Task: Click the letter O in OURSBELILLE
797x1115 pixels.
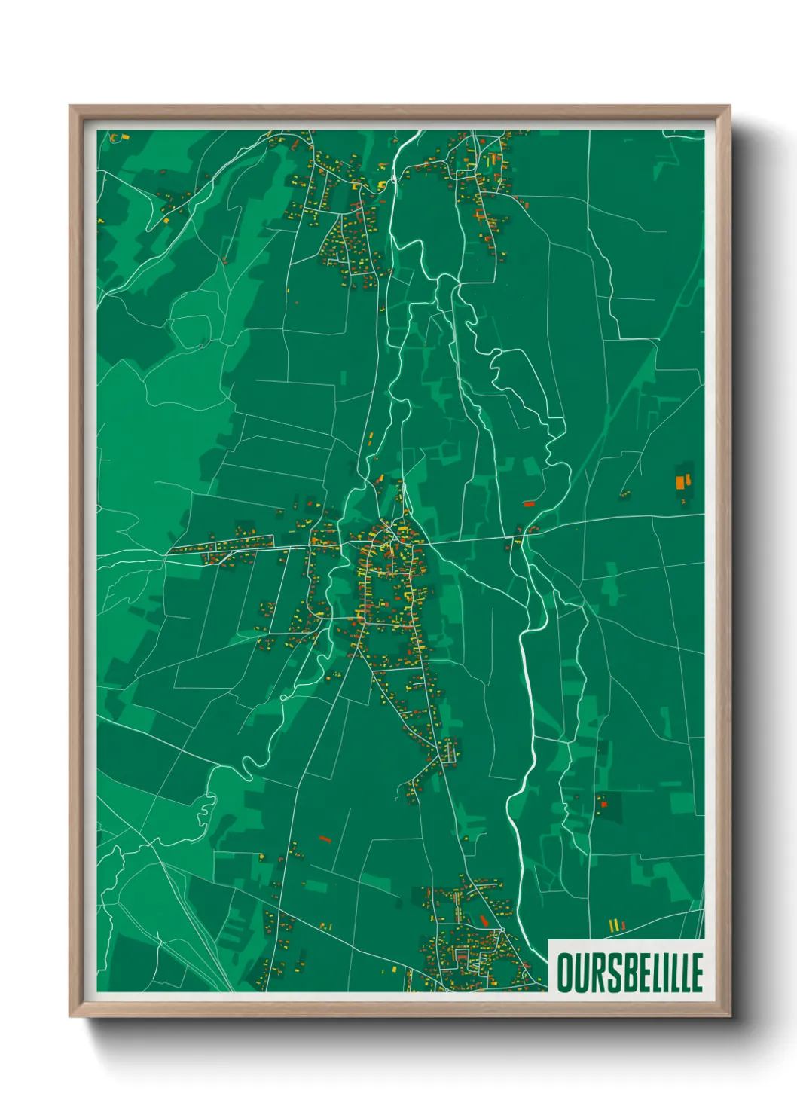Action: click(566, 973)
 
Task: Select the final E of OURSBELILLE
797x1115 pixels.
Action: click(695, 973)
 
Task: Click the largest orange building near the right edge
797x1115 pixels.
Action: click(680, 482)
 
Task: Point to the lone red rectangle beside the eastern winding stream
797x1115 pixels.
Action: click(528, 503)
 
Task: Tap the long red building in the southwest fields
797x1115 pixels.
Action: click(325, 838)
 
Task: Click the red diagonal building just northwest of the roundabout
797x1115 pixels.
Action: click(484, 921)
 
